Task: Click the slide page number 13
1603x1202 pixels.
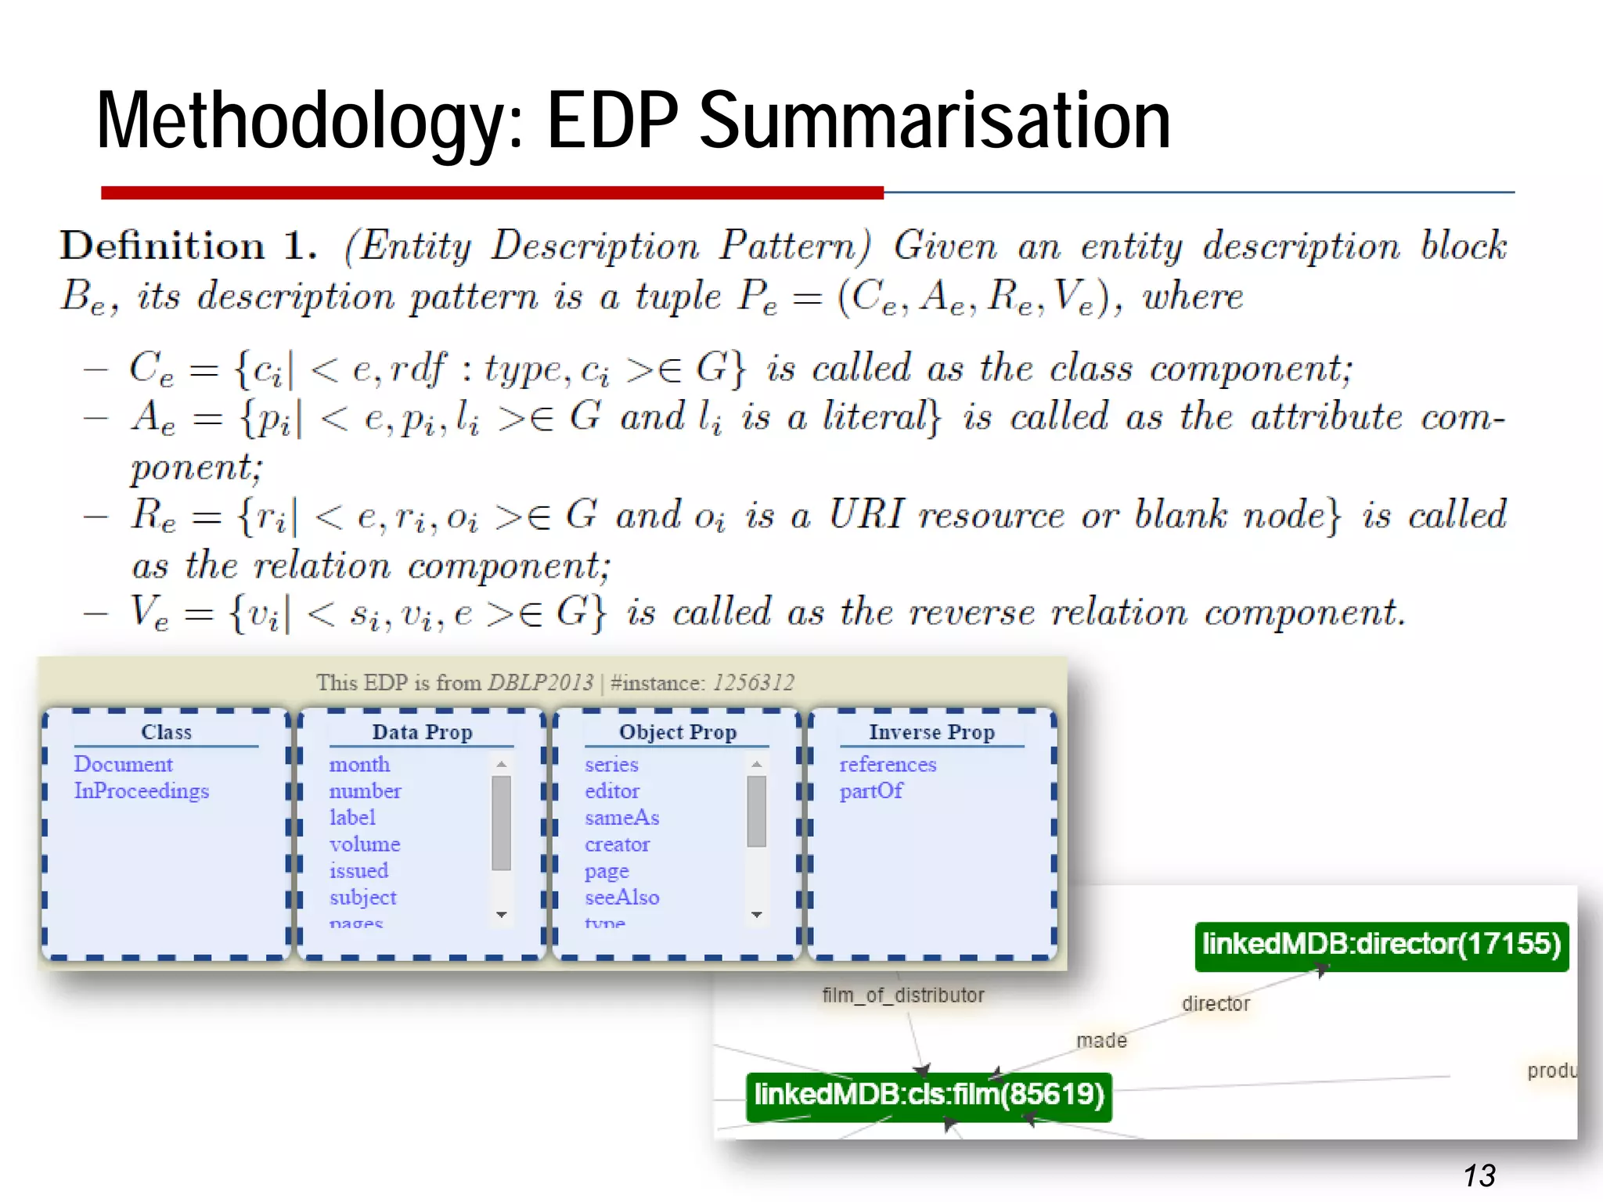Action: pyautogui.click(x=1479, y=1175)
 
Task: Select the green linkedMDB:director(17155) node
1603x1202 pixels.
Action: pyautogui.click(x=1381, y=945)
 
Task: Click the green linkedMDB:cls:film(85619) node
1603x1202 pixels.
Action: pyautogui.click(x=928, y=1094)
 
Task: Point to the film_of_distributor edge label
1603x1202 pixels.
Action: pyautogui.click(x=902, y=995)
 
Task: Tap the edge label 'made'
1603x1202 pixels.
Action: pyautogui.click(x=1101, y=1041)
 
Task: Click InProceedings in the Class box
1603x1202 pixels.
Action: pyautogui.click(x=142, y=791)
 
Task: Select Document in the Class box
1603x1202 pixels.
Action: pyautogui.click(x=123, y=765)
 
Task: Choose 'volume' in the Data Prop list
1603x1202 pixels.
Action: pyautogui.click(x=365, y=844)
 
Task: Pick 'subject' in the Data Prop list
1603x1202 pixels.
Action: pyautogui.click(x=363, y=898)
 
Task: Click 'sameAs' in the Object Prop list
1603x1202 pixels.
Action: pyautogui.click(x=621, y=818)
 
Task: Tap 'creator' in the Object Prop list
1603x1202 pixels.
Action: pyautogui.click(x=617, y=844)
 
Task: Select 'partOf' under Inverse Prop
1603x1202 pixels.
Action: pyautogui.click(x=871, y=791)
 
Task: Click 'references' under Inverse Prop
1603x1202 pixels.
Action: pyautogui.click(x=888, y=765)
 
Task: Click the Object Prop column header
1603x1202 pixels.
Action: pyautogui.click(x=678, y=732)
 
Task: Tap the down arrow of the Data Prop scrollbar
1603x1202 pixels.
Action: pyautogui.click(x=502, y=914)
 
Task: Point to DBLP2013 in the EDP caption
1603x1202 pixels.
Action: pyautogui.click(x=540, y=683)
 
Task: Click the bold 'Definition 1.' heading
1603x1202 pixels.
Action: pyautogui.click(x=189, y=247)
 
